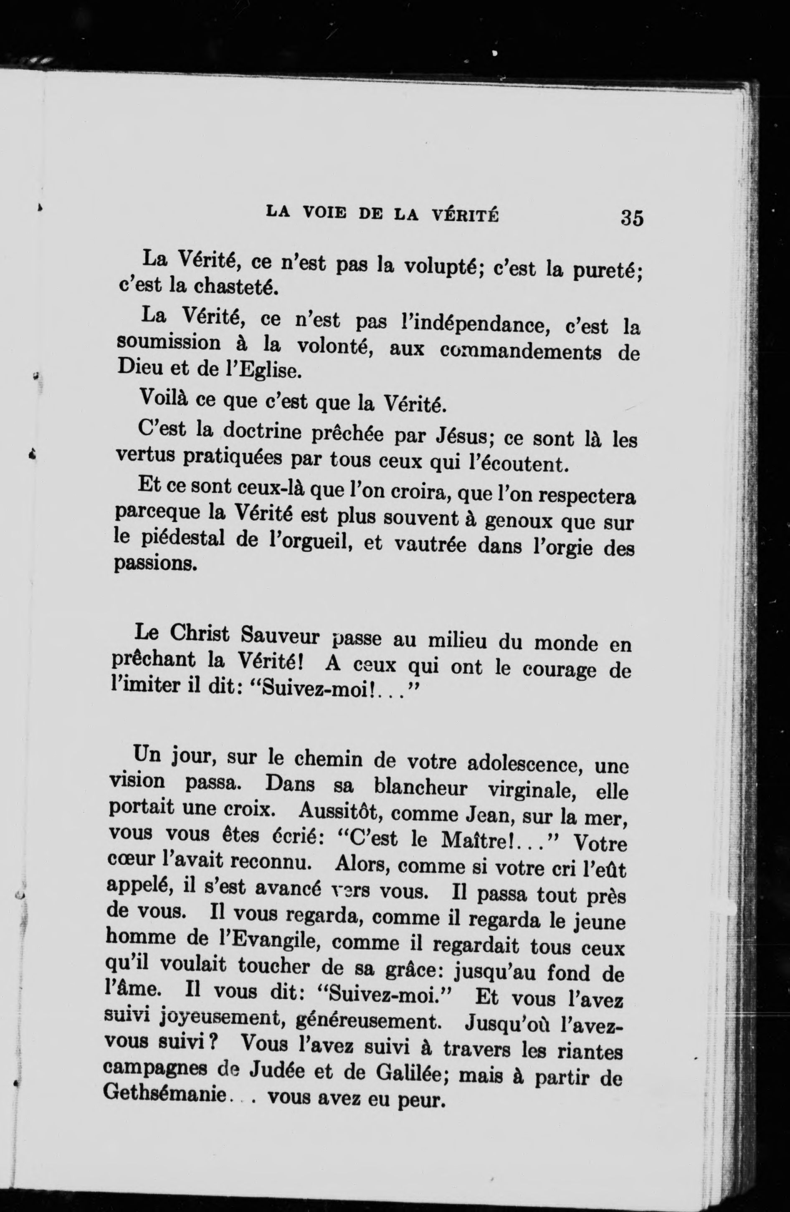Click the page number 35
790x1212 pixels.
[632, 218]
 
